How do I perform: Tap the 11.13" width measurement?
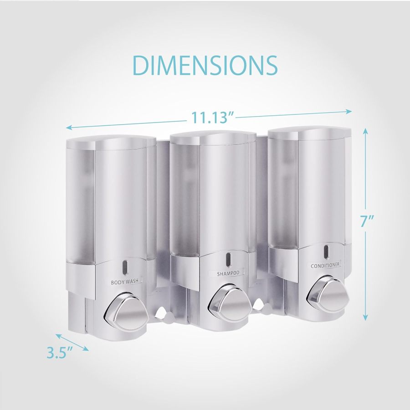pyautogui.click(x=212, y=118)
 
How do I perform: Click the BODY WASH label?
pyautogui.click(x=127, y=282)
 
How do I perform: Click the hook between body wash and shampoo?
pyautogui.click(x=160, y=312)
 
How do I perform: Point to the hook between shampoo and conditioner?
pyautogui.click(x=260, y=303)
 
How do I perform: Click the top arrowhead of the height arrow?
pyautogui.click(x=365, y=130)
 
